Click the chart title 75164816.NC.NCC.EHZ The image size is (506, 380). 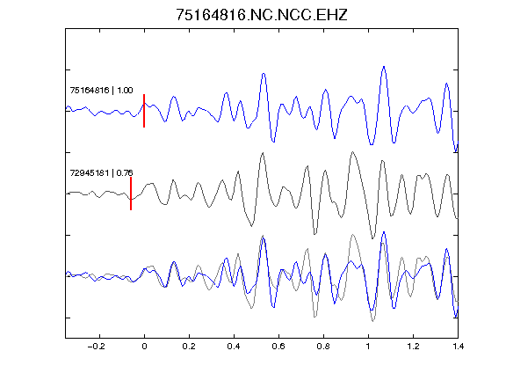[x=262, y=15]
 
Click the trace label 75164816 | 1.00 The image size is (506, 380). [x=101, y=90]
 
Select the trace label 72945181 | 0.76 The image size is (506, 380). [x=101, y=173]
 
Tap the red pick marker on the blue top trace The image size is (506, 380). [x=144, y=111]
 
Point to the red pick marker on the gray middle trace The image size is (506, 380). [x=131, y=194]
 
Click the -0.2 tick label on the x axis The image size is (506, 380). [x=96, y=347]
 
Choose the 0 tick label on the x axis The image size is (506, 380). [x=144, y=347]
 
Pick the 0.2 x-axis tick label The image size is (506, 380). [x=189, y=347]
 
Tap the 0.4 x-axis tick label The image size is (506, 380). [x=234, y=347]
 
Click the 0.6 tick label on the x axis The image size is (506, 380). [x=278, y=347]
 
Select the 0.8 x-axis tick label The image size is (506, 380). [x=323, y=347]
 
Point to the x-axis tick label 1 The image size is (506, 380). [x=368, y=347]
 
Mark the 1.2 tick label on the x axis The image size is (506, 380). [x=413, y=347]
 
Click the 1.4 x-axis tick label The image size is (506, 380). [x=458, y=347]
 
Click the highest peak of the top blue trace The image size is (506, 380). [x=384, y=67]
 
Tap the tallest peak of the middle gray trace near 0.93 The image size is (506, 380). [x=353, y=151]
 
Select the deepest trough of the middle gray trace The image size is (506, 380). [x=373, y=238]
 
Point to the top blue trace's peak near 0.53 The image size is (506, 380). [x=264, y=74]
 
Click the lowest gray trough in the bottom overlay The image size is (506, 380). [x=373, y=321]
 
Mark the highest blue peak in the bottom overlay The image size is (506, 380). [x=384, y=232]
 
